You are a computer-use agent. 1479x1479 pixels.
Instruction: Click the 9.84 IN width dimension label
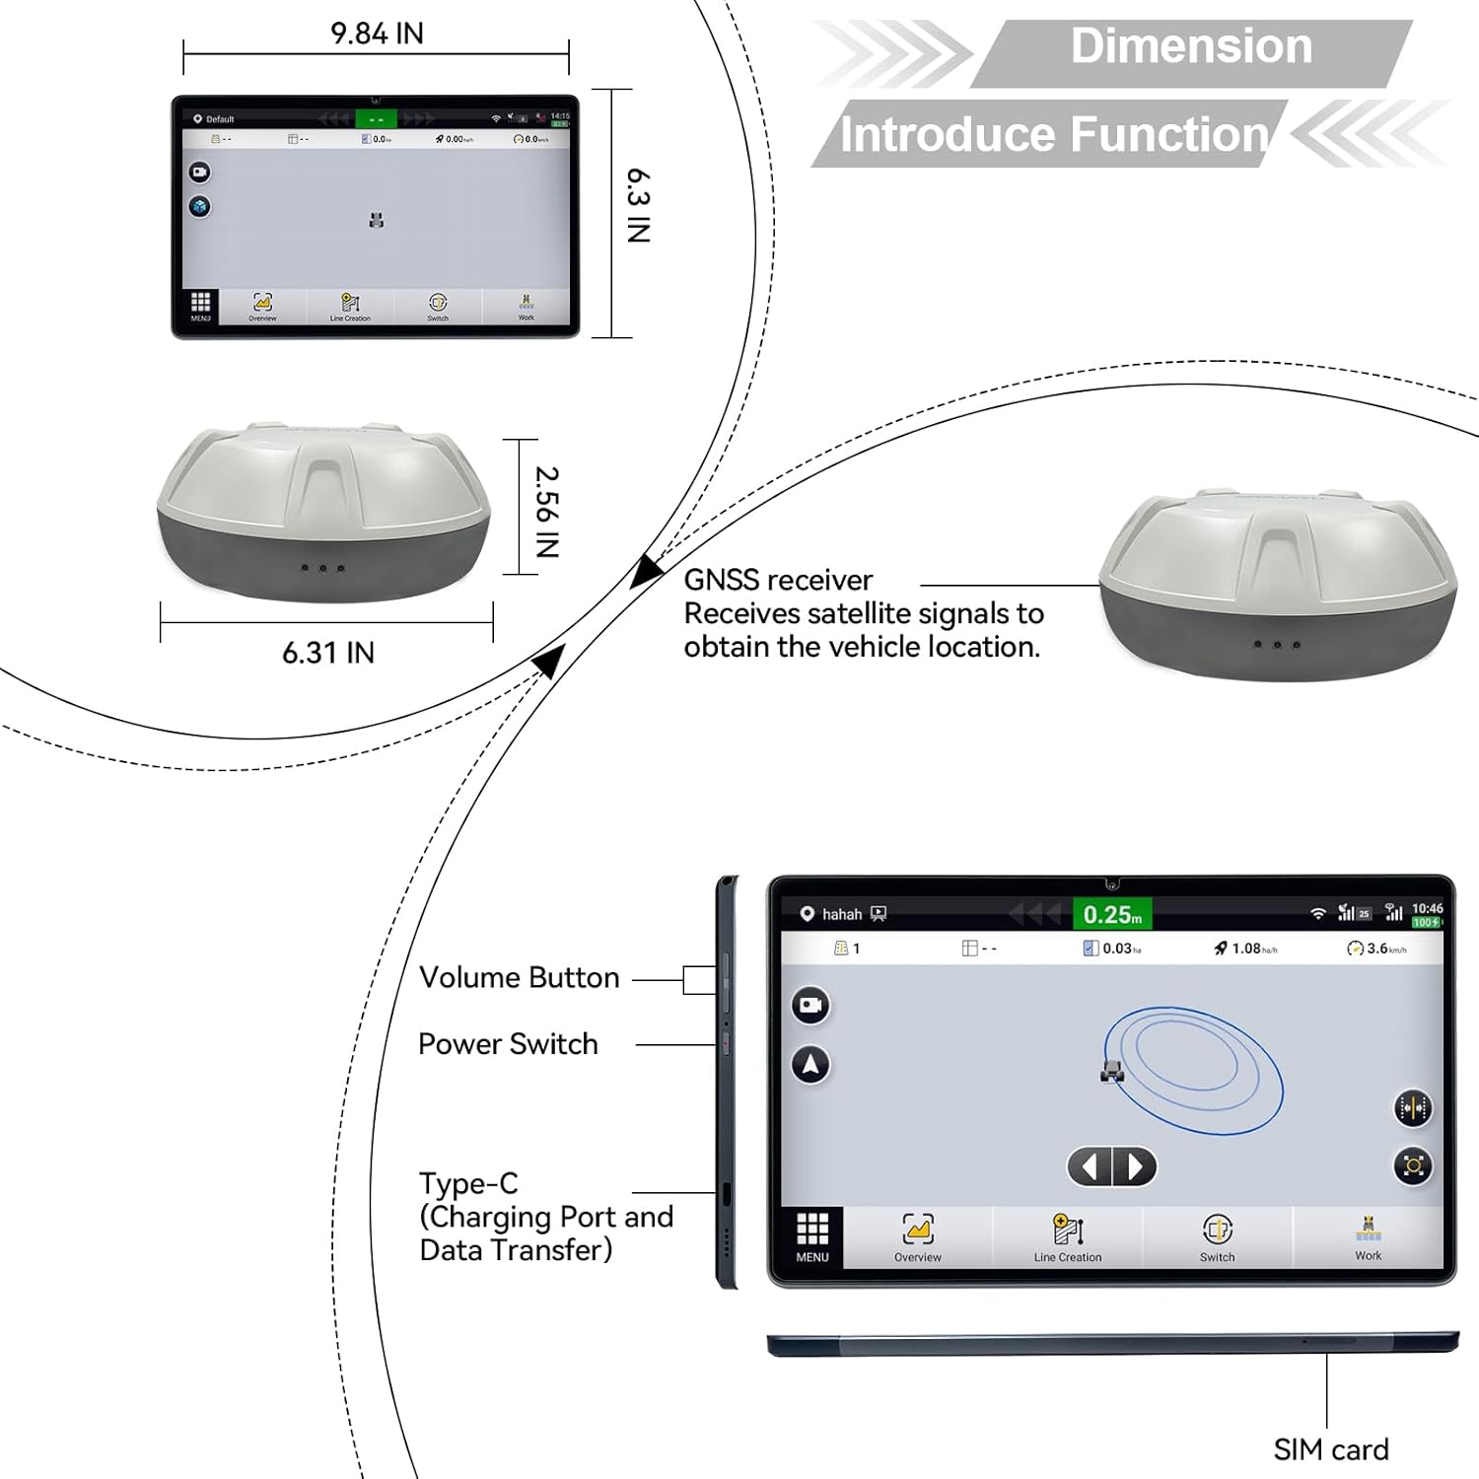[x=377, y=34]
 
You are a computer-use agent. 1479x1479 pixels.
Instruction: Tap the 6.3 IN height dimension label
[x=639, y=205]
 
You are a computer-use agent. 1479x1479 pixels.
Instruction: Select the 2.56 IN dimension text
[x=547, y=512]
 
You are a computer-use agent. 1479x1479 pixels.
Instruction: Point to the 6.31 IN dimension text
[x=328, y=653]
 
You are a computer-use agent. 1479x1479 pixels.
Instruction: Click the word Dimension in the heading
[x=1191, y=46]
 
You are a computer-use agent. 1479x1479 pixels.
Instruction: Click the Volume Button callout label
[x=520, y=977]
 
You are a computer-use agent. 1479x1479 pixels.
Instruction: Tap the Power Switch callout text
[x=508, y=1044]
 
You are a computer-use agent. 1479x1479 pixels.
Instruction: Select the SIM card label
[x=1330, y=1449]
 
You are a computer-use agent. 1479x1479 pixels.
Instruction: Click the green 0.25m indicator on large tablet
[x=1112, y=914]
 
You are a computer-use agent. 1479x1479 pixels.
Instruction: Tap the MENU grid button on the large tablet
[x=812, y=1237]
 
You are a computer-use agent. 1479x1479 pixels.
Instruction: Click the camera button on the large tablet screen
[x=810, y=1005]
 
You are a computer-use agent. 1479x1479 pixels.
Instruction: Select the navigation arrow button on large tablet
[x=810, y=1065]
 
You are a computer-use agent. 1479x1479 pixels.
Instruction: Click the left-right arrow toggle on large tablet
[x=1112, y=1167]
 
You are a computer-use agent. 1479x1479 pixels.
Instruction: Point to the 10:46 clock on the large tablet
[x=1427, y=908]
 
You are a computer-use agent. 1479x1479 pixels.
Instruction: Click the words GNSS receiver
[x=778, y=580]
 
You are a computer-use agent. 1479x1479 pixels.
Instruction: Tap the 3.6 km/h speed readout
[x=1376, y=949]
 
